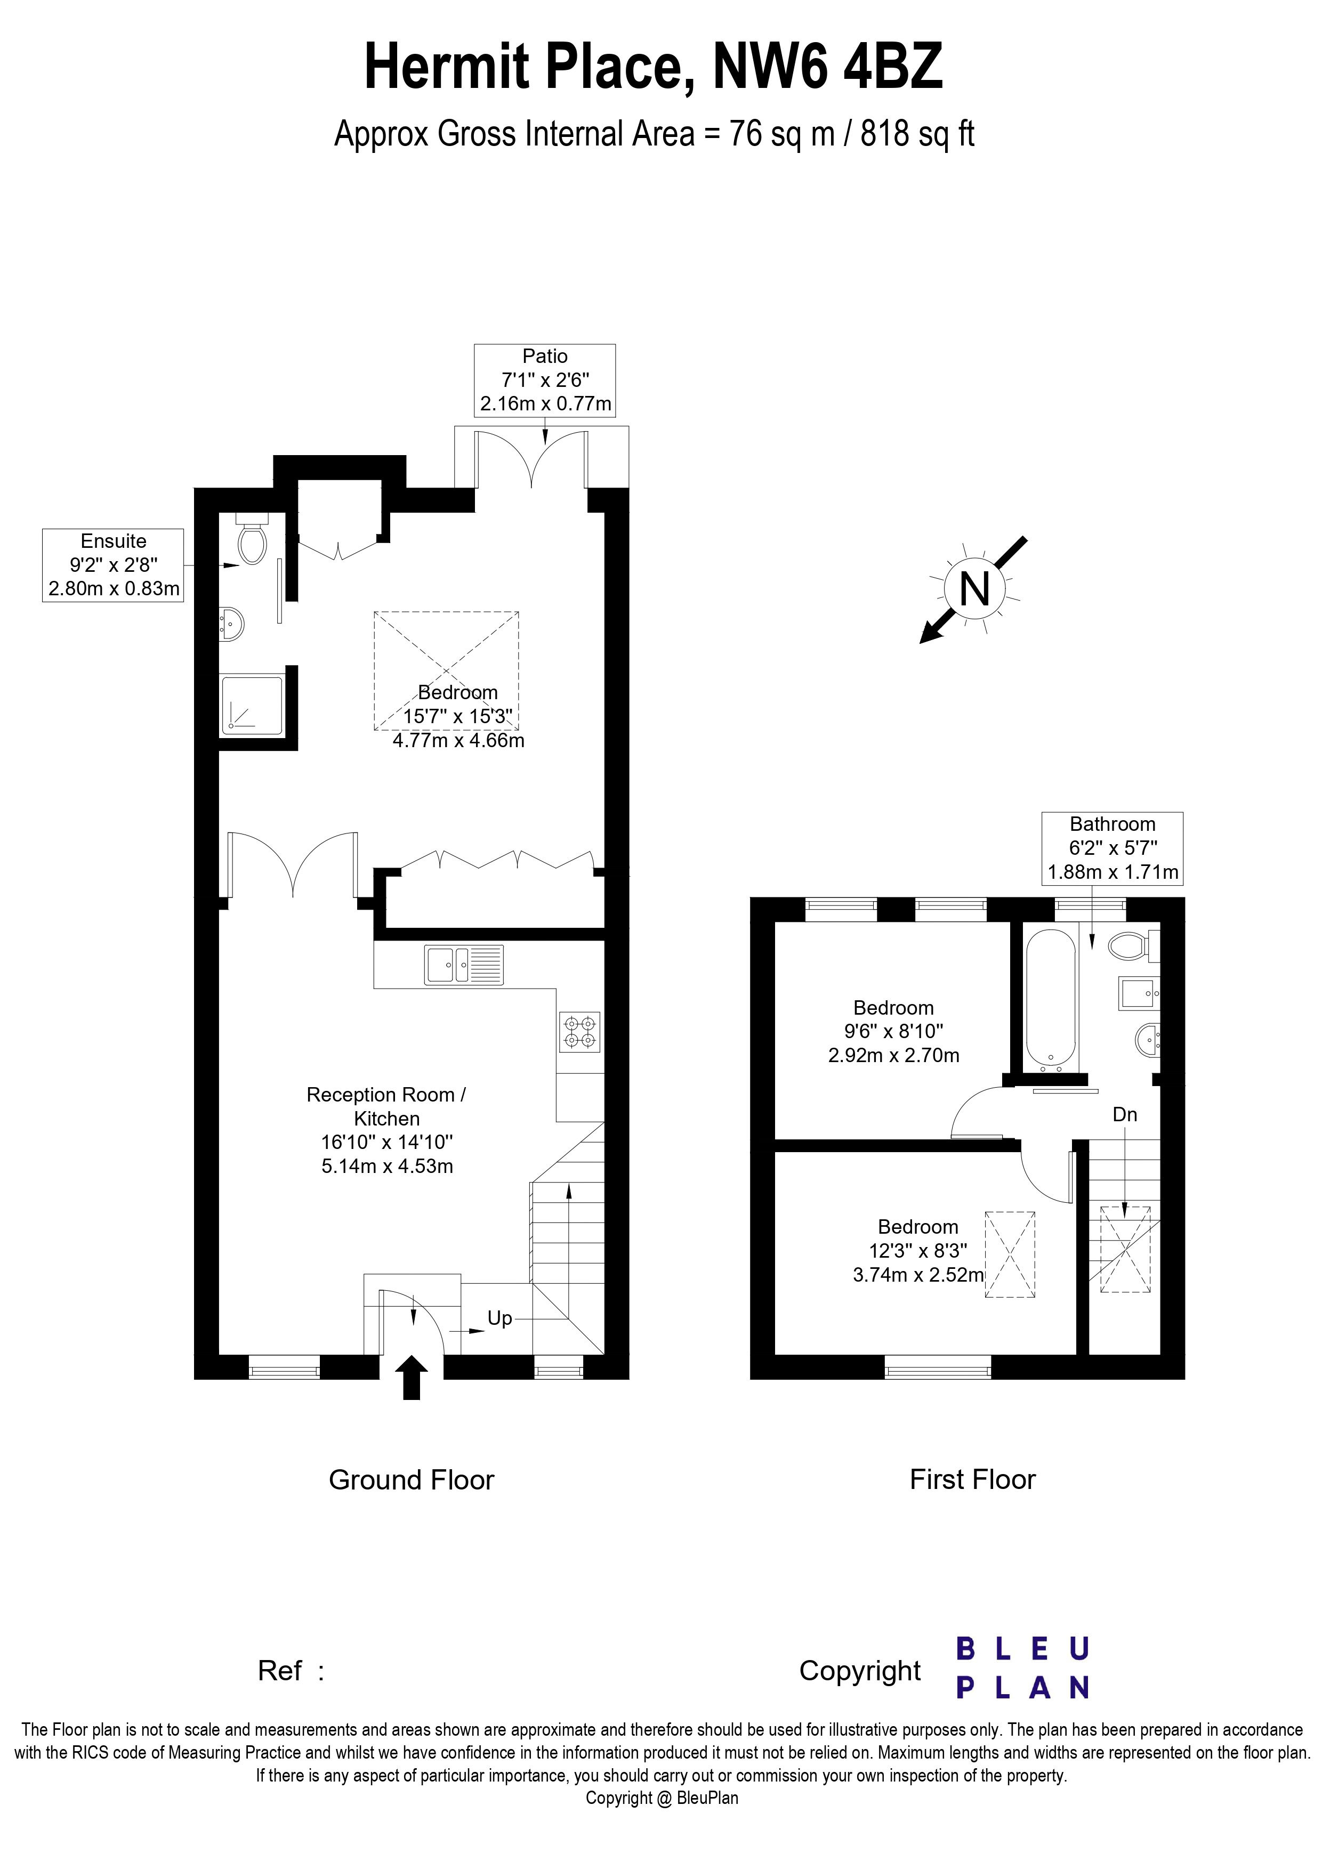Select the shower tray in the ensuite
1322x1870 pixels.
(252, 702)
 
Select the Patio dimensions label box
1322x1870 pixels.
(545, 381)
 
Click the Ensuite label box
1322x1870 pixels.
(113, 565)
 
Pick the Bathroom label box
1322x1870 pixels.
(1112, 848)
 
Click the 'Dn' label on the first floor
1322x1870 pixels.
(1125, 1115)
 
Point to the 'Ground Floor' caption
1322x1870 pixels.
(412, 1480)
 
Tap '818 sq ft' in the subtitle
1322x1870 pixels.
(917, 134)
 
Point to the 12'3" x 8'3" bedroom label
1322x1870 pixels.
(918, 1250)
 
